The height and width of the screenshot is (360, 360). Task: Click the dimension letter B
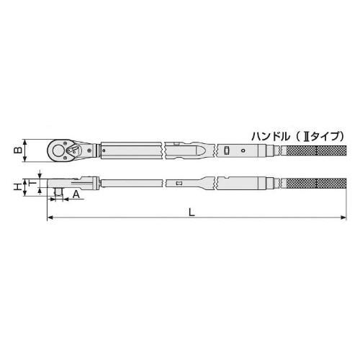18,150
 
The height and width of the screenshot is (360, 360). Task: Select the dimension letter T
32,184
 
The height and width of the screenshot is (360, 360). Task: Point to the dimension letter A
76,194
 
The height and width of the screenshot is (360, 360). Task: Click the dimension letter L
192,212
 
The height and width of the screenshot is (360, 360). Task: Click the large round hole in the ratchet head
58,150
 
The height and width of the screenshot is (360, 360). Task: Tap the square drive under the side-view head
58,192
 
